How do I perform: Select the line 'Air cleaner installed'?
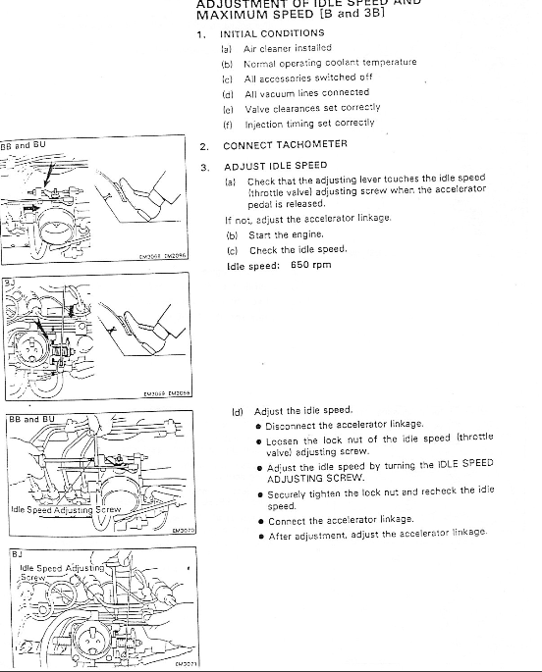(x=288, y=47)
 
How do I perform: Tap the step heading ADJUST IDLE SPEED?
(x=276, y=166)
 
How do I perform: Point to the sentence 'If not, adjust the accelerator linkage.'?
(x=308, y=218)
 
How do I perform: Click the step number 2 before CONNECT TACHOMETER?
(x=203, y=145)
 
